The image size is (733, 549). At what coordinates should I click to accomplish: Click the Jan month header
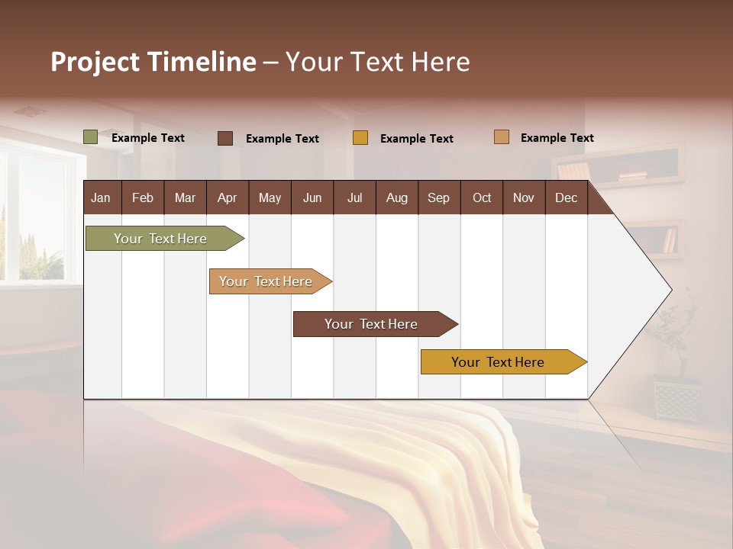click(x=101, y=197)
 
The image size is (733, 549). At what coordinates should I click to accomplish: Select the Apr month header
click(x=227, y=197)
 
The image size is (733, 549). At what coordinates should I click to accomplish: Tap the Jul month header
click(x=354, y=197)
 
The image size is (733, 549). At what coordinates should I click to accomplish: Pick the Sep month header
click(x=438, y=197)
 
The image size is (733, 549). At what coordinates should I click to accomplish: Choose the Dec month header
click(x=566, y=197)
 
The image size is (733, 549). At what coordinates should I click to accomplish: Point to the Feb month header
click(x=143, y=197)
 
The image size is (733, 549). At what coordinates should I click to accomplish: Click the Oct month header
click(x=482, y=197)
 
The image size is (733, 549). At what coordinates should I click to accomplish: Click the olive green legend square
click(x=91, y=137)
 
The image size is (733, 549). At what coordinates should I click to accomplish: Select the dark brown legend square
click(x=225, y=138)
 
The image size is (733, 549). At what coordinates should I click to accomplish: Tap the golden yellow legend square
click(x=360, y=138)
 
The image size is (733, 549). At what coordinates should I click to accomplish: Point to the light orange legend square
click(x=502, y=137)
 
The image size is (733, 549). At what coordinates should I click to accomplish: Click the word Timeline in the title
click(x=201, y=62)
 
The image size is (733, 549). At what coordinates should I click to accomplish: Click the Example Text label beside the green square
click(x=148, y=138)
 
